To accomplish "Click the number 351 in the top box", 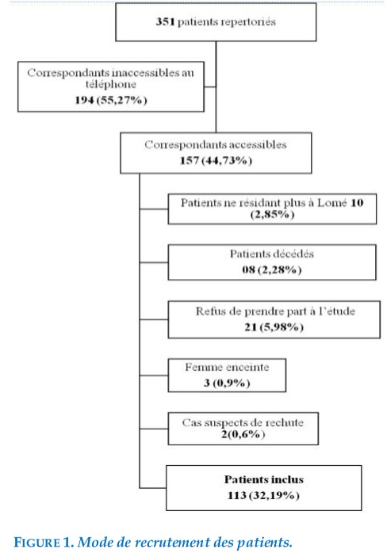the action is coord(165,21).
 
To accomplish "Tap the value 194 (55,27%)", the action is coord(110,100).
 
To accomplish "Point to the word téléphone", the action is coord(110,85).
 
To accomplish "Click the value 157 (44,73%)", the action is coord(216,161).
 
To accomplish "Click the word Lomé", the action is coord(332,203).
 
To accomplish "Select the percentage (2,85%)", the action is coord(272,215).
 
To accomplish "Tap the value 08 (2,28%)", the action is coord(272,270).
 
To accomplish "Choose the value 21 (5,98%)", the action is coord(274,327).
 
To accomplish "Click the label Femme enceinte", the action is coord(227,368).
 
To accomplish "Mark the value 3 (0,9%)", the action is coord(227,383).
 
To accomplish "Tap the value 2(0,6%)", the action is coord(243,434).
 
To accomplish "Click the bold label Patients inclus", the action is coord(264,479).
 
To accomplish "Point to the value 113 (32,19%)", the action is coord(263,495).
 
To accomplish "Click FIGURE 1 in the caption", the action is coord(43,543).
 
